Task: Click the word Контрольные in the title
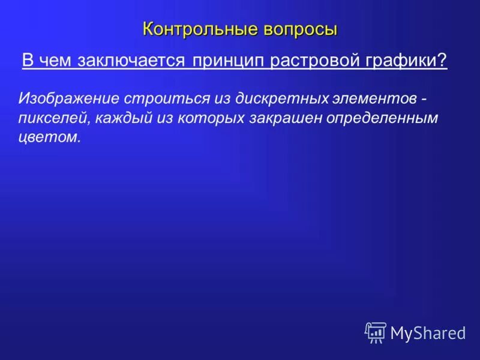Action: click(193, 28)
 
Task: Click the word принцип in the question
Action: click(229, 61)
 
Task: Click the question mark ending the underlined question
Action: click(443, 61)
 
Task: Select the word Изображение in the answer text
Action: click(68, 97)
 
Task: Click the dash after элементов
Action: click(424, 98)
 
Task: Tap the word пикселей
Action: click(54, 118)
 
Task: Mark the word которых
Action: click(205, 118)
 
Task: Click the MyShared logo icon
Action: click(376, 332)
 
